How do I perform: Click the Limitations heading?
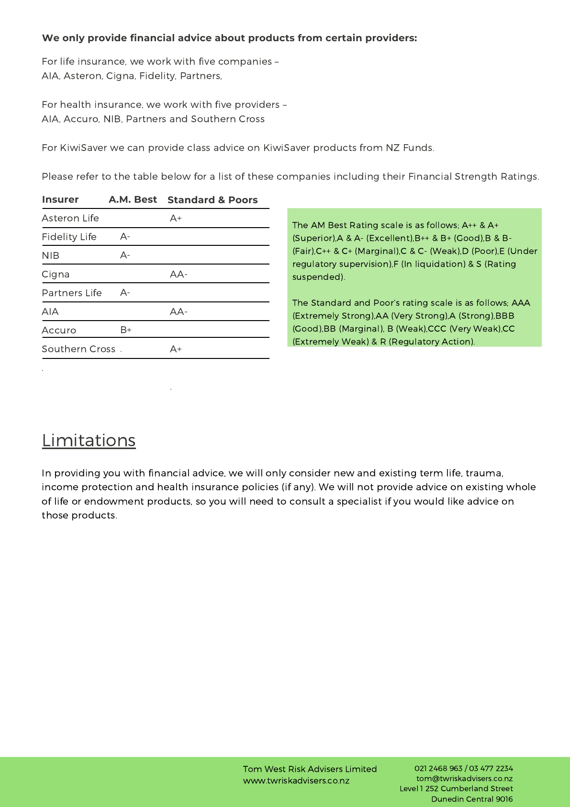point(89,440)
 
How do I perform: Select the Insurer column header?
point(60,199)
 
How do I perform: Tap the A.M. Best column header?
point(133,199)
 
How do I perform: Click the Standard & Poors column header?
point(212,200)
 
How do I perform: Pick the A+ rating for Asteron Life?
point(176,218)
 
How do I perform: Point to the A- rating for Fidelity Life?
point(125,237)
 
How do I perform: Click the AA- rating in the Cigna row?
point(179,274)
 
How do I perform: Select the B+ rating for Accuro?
point(126,330)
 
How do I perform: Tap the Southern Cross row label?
point(78,349)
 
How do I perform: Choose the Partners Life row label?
point(72,293)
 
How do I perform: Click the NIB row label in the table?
point(50,255)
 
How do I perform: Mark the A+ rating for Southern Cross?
point(176,349)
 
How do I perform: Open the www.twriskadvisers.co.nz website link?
point(296,781)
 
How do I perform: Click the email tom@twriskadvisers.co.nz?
point(464,779)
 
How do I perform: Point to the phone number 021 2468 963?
point(438,768)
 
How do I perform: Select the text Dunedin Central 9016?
point(472,799)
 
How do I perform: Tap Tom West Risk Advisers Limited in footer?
point(310,769)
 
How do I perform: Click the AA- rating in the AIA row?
point(179,311)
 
